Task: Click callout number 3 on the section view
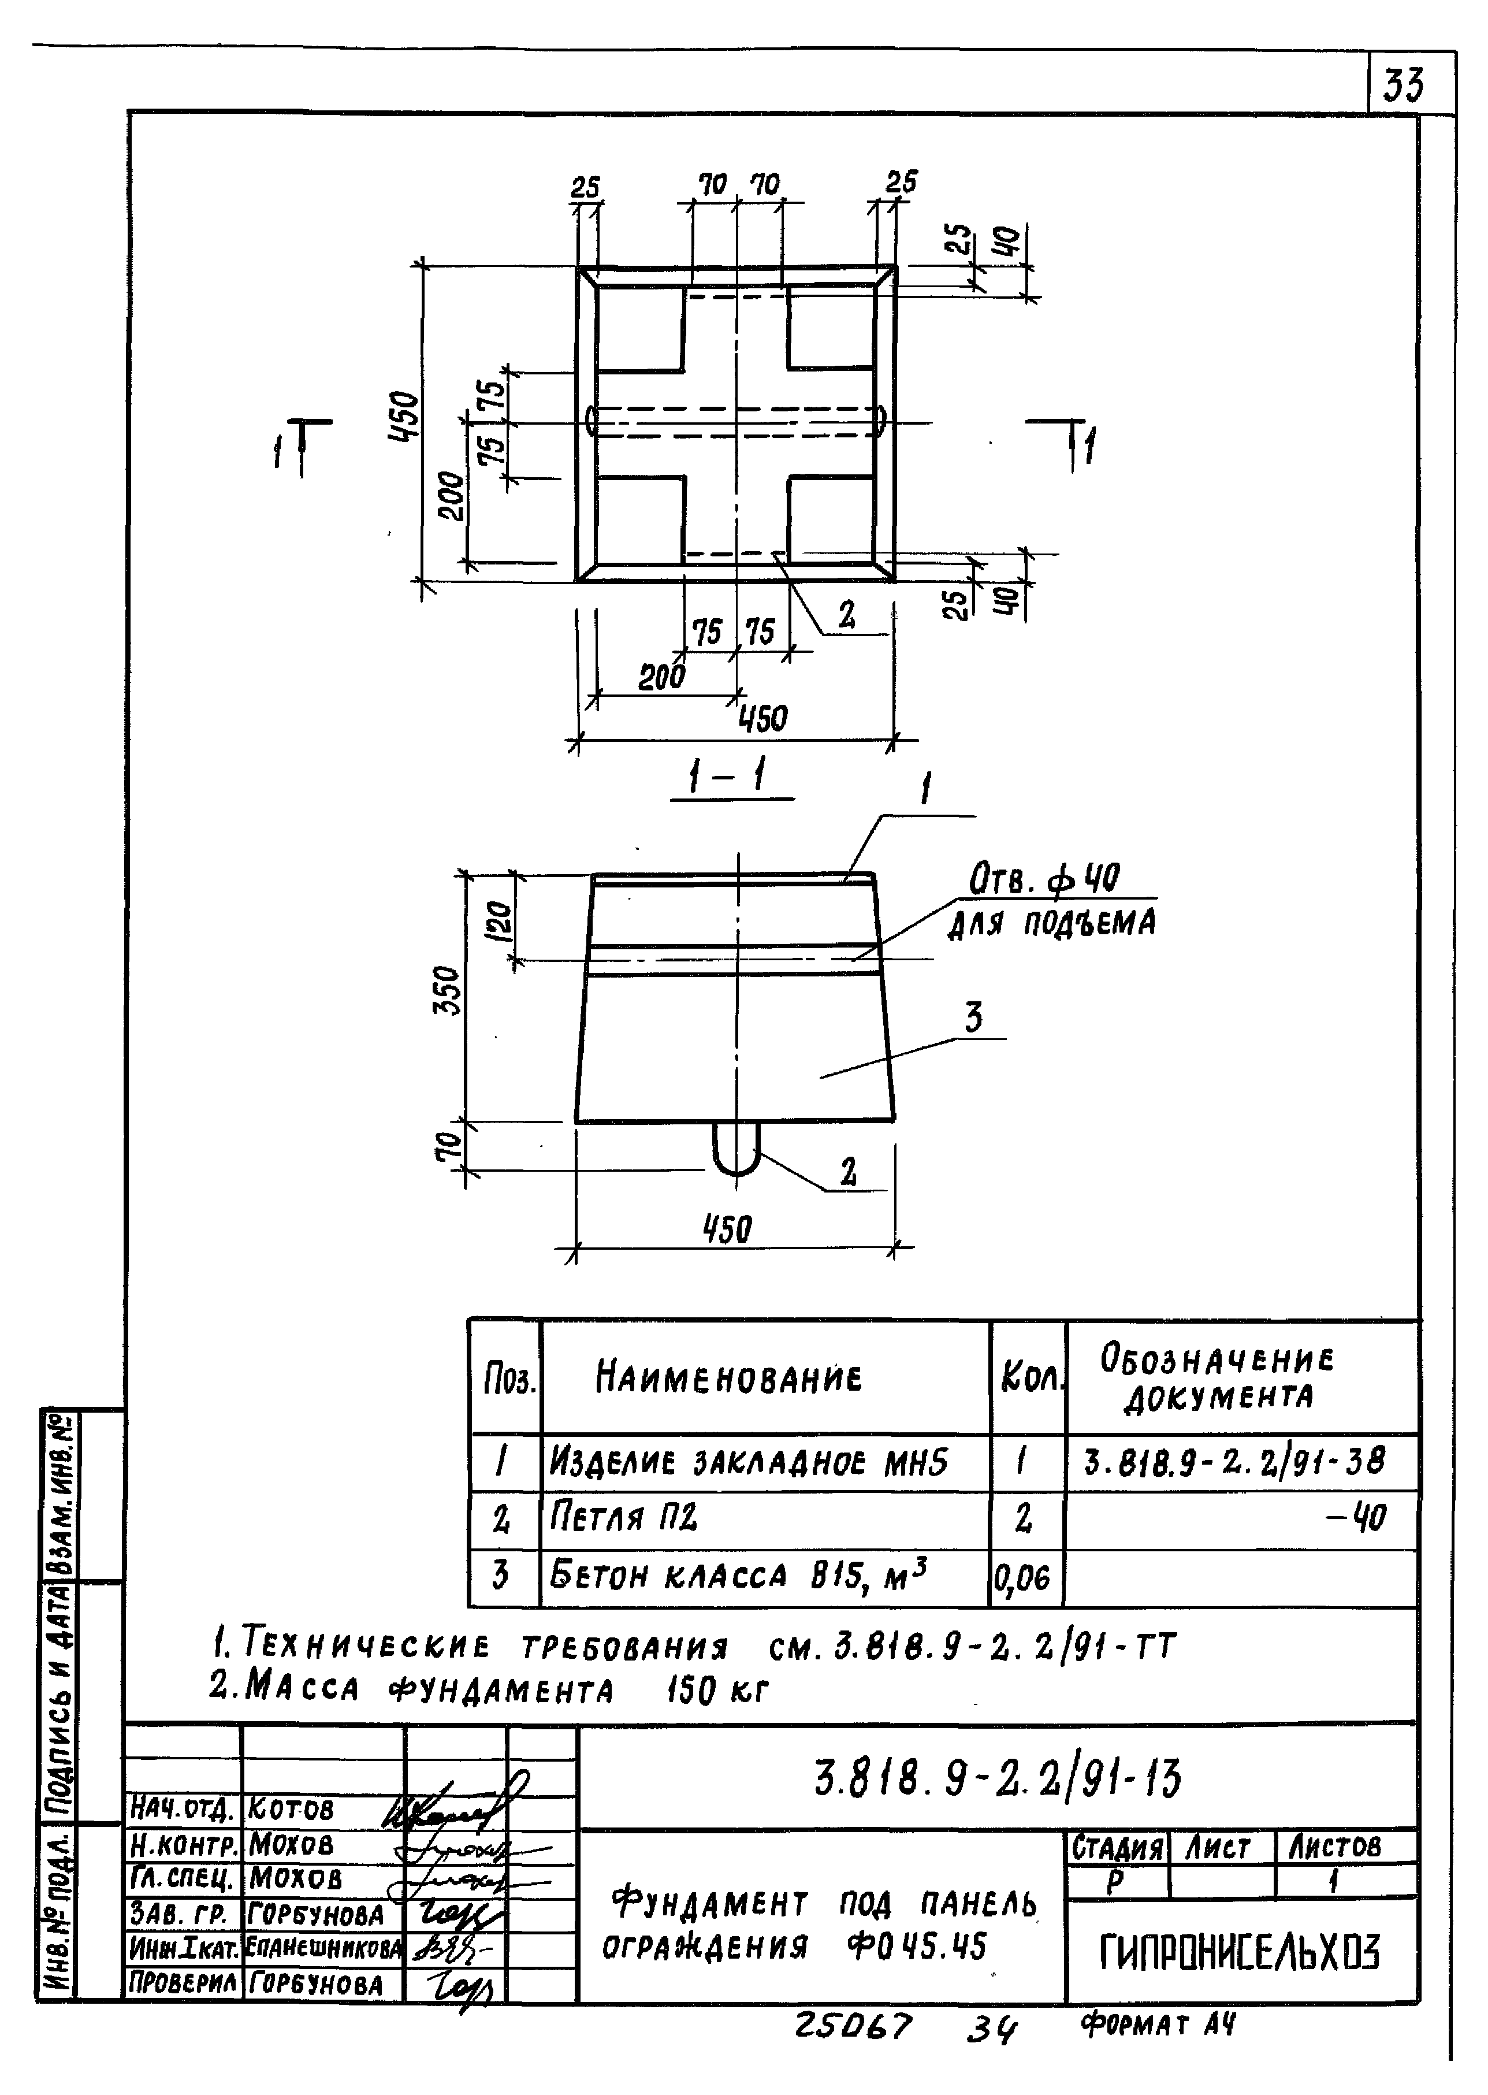(x=973, y=1017)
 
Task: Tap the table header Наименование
(x=728, y=1376)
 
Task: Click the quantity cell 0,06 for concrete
(x=1025, y=1577)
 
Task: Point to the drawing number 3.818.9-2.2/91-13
(x=998, y=1780)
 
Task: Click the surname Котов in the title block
(x=291, y=1810)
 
